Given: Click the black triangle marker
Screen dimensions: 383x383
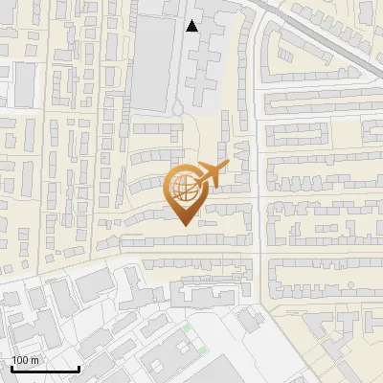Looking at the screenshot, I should pos(192,26).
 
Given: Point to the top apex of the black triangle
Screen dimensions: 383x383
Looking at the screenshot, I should pos(192,20).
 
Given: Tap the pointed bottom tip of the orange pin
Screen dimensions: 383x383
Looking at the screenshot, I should pos(184,225).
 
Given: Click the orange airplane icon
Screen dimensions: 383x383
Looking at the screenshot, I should pos(212,175).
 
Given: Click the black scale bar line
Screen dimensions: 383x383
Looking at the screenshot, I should pos(45,369).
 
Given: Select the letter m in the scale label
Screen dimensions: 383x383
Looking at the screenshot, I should pos(35,360).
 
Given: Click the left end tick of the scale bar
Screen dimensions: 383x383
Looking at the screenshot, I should pos(11,367).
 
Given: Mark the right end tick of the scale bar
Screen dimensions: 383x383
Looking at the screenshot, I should pos(79,367).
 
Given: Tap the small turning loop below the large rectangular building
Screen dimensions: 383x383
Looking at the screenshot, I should pos(178,106).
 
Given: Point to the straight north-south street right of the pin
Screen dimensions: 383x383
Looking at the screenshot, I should pos(259,191).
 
